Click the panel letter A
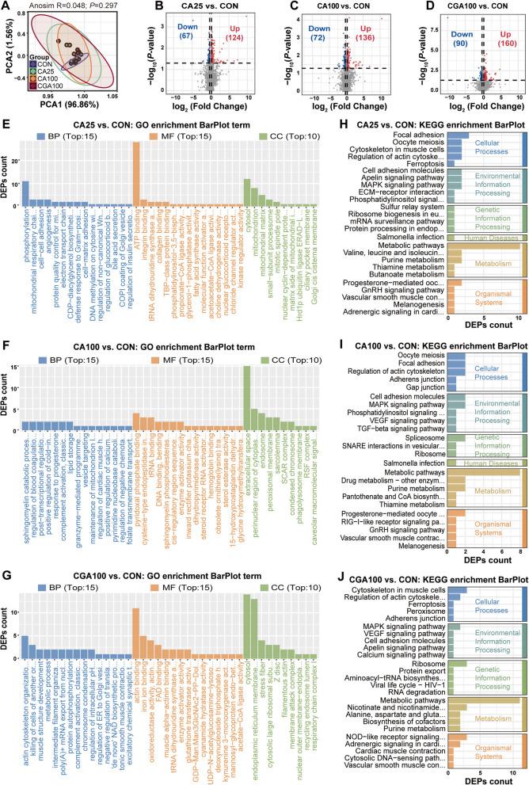coord(6,7)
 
